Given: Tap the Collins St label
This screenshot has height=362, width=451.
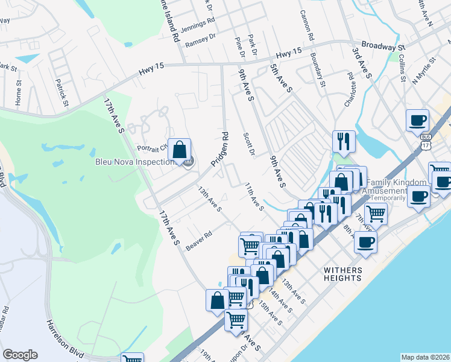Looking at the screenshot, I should [x=402, y=68].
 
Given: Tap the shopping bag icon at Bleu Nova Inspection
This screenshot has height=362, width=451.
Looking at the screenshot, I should [x=180, y=151].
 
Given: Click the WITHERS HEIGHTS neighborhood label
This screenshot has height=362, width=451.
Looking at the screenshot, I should [x=343, y=275].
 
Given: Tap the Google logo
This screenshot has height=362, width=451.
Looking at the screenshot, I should [x=20, y=355].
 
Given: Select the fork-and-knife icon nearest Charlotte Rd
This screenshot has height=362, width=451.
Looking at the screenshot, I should [x=343, y=142].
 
